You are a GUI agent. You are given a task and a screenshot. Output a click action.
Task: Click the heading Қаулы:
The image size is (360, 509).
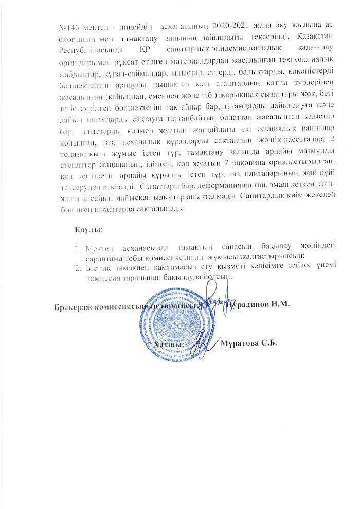pyautogui.click(x=85, y=228)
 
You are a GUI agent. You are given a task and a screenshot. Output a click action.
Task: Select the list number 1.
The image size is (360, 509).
pyautogui.click(x=78, y=248)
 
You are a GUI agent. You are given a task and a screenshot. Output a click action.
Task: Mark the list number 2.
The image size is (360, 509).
pyautogui.click(x=78, y=267)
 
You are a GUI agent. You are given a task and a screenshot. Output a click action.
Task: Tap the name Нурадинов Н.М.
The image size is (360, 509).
pyautogui.click(x=259, y=304)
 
